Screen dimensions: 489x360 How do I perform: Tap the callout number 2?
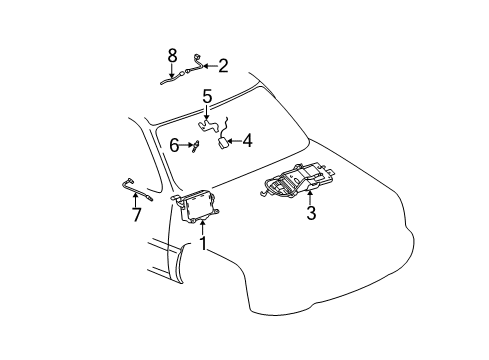223,66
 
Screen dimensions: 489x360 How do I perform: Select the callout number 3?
311,213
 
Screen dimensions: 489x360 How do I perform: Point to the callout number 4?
247,141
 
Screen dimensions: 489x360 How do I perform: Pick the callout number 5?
207,97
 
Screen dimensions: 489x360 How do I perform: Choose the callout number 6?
174,146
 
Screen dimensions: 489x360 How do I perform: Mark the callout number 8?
173,54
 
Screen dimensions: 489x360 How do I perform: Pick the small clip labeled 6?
196,146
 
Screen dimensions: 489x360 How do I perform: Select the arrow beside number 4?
232,142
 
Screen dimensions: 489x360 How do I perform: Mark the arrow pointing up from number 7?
136,198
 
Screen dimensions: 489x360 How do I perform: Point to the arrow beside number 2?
208,66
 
